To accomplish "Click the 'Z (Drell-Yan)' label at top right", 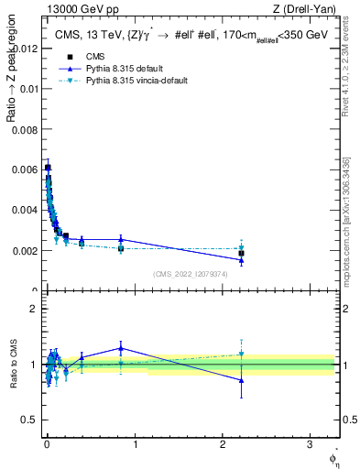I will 305,9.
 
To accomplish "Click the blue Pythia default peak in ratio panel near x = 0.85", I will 121,348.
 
